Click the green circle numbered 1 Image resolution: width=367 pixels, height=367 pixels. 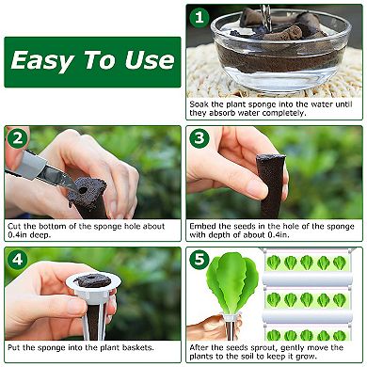point(199,17)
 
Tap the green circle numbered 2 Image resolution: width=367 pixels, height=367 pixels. point(17,138)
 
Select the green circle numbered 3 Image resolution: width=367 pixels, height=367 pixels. point(199,138)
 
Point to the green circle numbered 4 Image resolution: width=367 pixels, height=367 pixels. point(17,260)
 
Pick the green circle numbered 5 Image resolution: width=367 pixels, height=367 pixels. point(199,260)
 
